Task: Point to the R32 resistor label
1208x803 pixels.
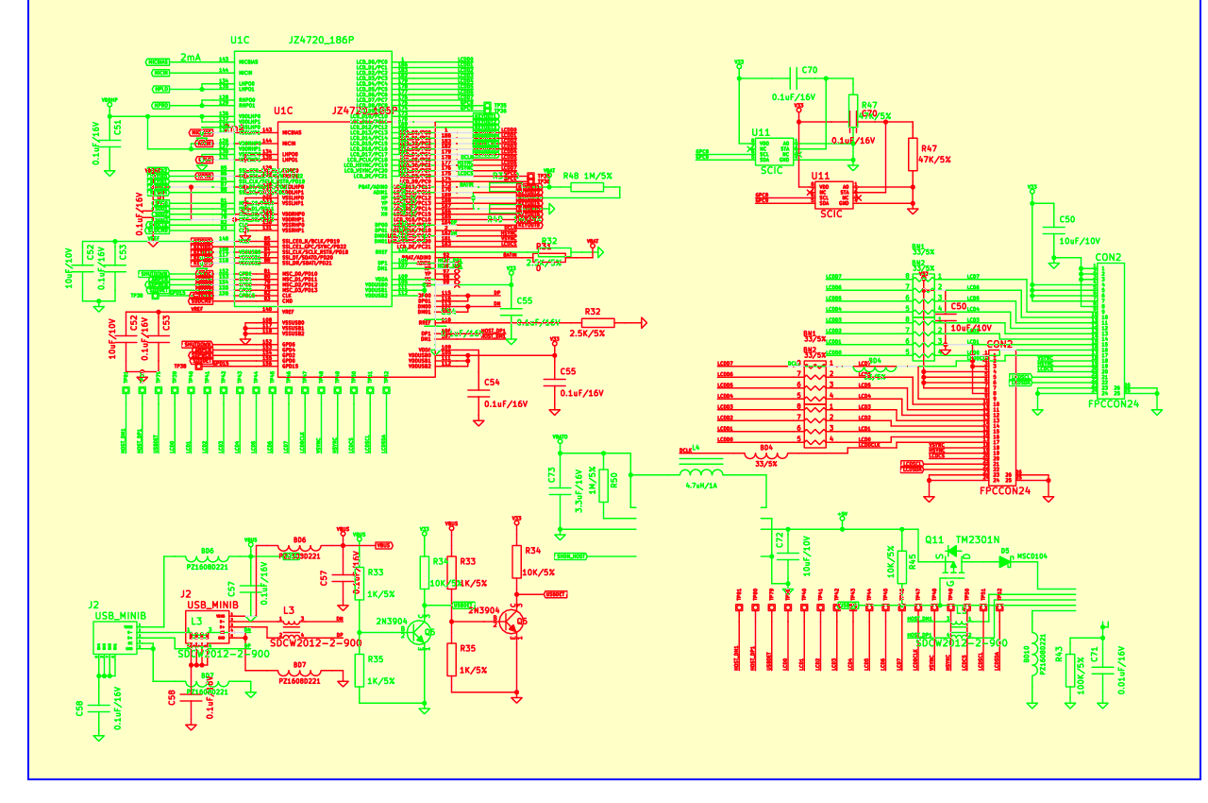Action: click(593, 311)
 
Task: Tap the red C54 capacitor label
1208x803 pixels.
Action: click(492, 383)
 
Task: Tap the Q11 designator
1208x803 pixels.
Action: click(934, 539)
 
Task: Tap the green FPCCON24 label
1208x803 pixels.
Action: click(1114, 402)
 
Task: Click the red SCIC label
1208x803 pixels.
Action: click(831, 214)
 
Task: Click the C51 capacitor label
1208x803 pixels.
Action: click(117, 128)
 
